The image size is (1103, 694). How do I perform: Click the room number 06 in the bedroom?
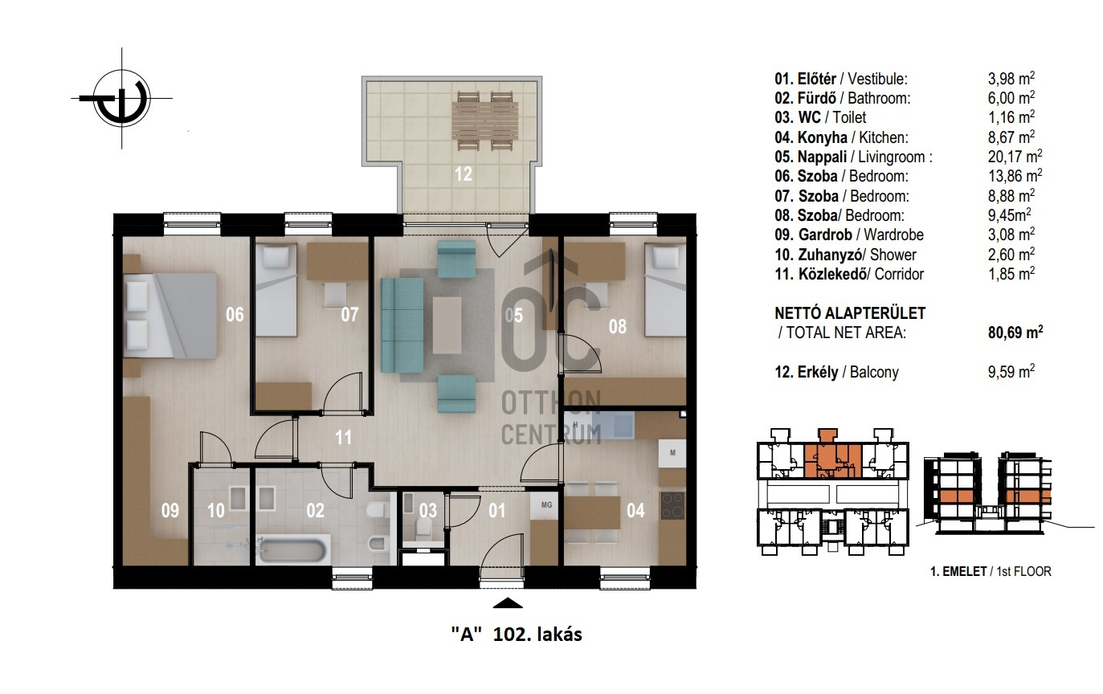pos(235,314)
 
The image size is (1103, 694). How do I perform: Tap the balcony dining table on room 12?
pos(484,120)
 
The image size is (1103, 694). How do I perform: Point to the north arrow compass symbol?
pos(121,98)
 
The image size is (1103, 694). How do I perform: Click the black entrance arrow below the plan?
pos(508,603)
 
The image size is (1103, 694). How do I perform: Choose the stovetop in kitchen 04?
pos(672,505)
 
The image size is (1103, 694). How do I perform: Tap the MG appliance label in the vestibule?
pos(546,504)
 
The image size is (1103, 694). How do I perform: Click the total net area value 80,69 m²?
pos(1015,333)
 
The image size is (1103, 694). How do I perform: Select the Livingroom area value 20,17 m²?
pos(1015,157)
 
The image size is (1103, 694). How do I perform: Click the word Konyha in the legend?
pos(823,137)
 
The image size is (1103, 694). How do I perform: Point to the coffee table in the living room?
pos(447,325)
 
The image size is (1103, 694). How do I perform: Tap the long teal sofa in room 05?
pos(402,325)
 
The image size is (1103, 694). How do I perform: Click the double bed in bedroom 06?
pos(170,316)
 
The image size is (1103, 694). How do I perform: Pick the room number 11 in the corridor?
pos(343,437)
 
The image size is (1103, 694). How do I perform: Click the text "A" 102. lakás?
pos(517,634)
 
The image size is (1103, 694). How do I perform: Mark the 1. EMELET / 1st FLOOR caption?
pos(991,571)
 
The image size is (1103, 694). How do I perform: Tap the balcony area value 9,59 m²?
pos(1011,372)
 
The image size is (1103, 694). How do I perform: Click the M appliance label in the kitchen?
pos(672,453)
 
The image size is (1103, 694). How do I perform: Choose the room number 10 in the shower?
pos(215,510)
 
